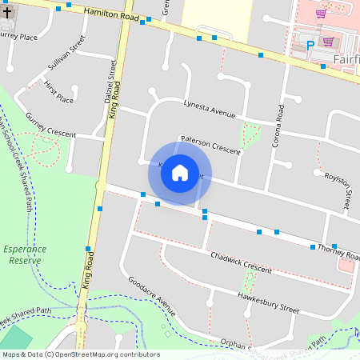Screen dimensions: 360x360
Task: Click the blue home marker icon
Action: point(180,173)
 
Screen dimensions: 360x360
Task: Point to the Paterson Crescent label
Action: point(210,145)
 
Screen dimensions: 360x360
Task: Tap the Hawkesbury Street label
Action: point(267,302)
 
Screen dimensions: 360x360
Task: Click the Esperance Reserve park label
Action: point(24,255)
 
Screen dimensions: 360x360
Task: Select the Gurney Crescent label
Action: point(50,126)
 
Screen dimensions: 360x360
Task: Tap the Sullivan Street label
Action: point(66,57)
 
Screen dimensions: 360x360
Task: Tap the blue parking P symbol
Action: point(310,46)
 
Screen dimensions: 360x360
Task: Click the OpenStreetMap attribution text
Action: point(80,354)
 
